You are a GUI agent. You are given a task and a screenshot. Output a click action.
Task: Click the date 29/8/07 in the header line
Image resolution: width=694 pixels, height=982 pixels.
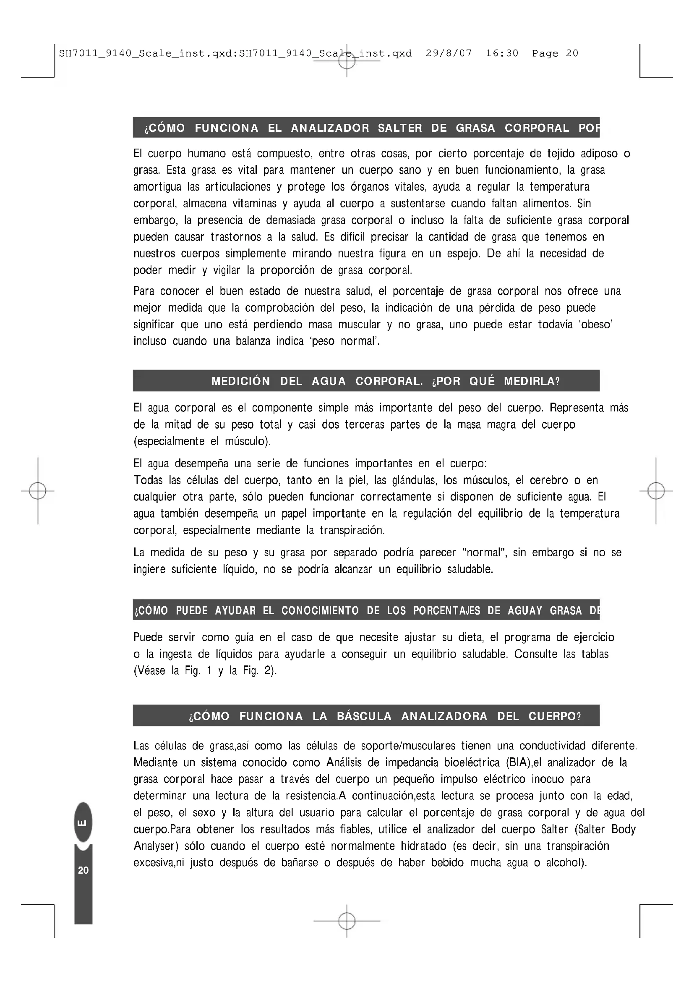click(448, 53)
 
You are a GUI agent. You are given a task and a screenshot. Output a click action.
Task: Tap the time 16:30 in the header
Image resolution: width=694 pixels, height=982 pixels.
click(502, 53)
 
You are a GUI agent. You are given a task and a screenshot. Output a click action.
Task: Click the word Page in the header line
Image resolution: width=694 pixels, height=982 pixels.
click(545, 53)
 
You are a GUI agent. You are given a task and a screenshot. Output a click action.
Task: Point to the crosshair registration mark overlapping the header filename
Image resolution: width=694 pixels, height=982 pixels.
click(347, 61)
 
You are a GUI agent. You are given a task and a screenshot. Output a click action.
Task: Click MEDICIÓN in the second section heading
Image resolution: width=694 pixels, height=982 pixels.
click(240, 381)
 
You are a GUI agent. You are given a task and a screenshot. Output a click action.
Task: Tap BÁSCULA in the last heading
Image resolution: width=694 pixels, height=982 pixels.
click(364, 716)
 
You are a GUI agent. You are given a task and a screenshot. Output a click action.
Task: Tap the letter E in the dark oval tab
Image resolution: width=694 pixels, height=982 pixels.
click(83, 823)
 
